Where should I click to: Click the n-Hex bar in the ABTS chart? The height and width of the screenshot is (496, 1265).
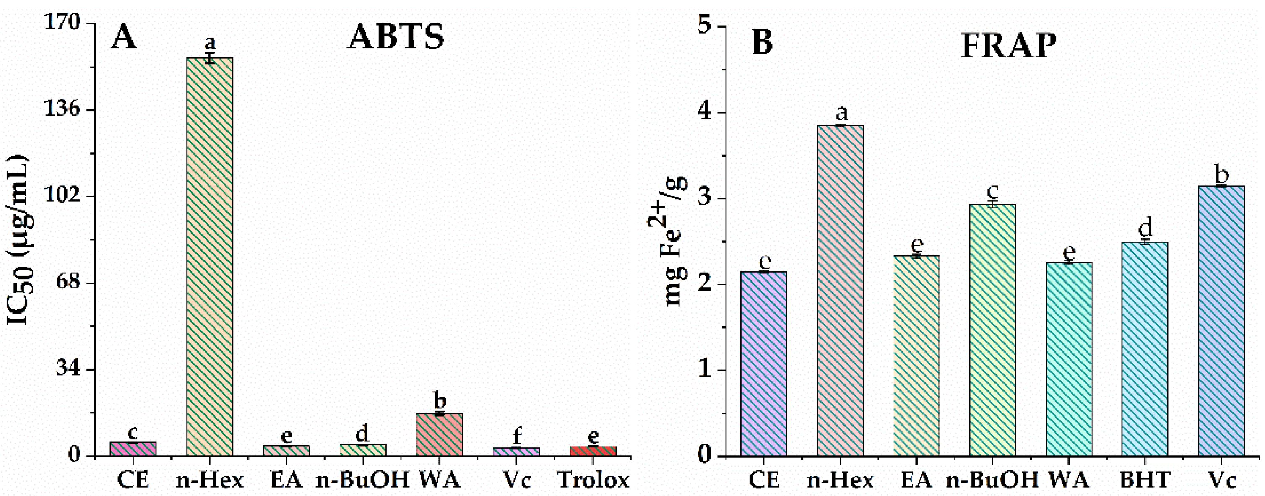pyautogui.click(x=210, y=255)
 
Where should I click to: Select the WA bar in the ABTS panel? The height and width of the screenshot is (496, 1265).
pyautogui.click(x=440, y=435)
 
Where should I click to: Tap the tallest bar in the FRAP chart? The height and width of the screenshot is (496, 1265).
pyautogui.click(x=840, y=290)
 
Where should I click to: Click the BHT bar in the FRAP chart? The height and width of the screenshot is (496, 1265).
pyautogui.click(x=1145, y=349)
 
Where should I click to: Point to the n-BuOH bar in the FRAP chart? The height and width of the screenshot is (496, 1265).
pyautogui.click(x=992, y=329)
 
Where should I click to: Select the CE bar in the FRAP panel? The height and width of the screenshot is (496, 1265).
pyautogui.click(x=764, y=364)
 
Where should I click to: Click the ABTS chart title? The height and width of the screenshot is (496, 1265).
pyautogui.click(x=396, y=37)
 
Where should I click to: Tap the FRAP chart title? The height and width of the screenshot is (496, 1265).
pyautogui.click(x=1008, y=47)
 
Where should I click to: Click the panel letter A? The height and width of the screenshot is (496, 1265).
pyautogui.click(x=123, y=37)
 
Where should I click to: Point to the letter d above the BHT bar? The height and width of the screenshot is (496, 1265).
pyautogui.click(x=1145, y=229)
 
